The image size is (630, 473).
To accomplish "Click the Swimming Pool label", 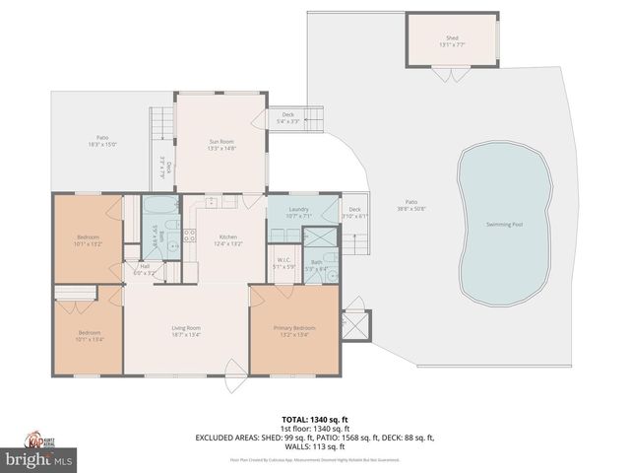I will coord(505,224).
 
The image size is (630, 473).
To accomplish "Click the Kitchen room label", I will coord(228,236).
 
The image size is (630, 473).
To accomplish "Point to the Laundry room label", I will coord(300,210).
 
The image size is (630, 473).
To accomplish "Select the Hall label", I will coord(144,265).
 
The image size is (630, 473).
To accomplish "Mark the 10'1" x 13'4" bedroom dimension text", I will coord(90,338).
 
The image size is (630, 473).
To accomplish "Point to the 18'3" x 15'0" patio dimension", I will coord(102,144).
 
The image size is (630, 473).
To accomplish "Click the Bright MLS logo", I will coord(39,459).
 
